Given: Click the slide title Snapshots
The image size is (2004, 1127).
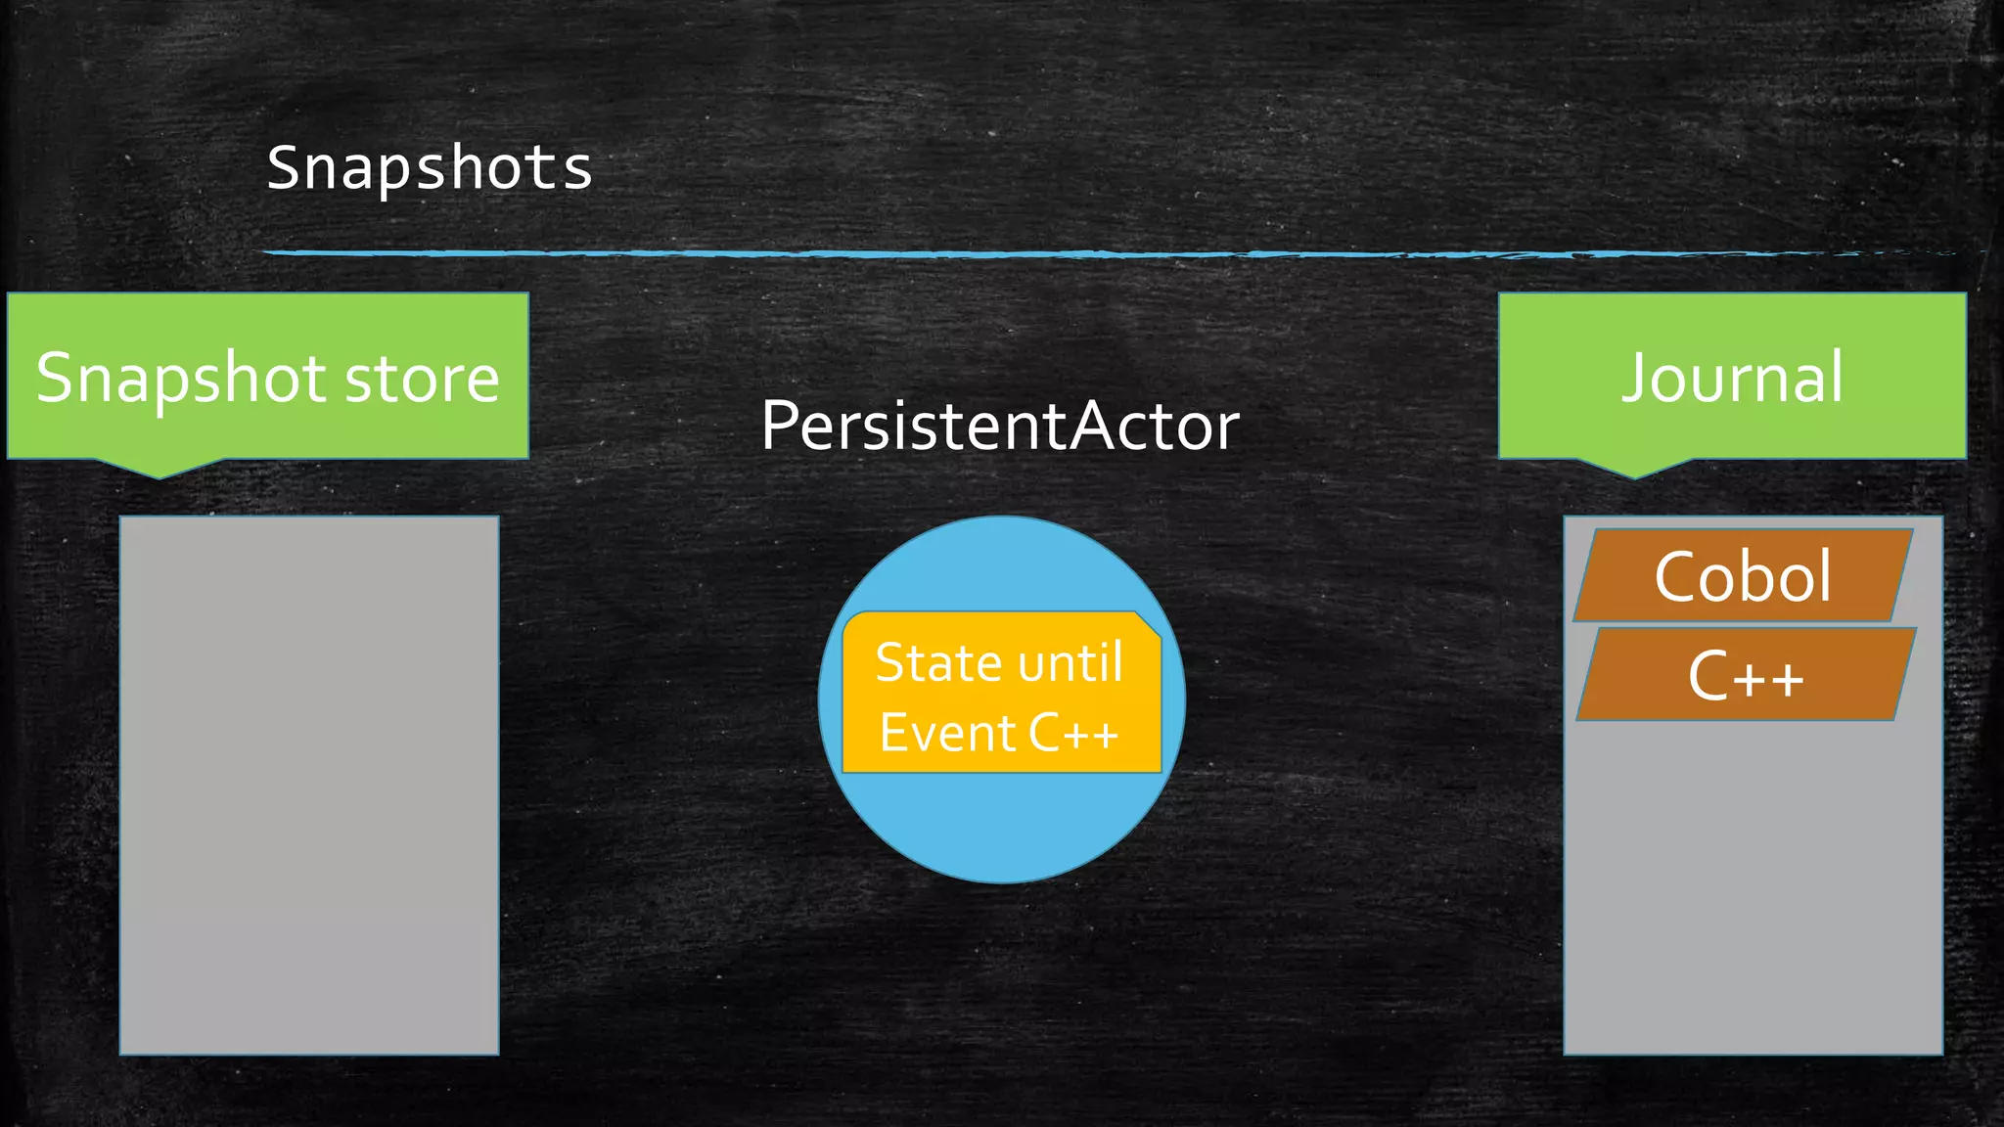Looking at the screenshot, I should (430, 167).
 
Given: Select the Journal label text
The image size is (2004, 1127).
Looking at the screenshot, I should (1732, 378).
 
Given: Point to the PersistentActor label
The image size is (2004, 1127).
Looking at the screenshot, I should (999, 427).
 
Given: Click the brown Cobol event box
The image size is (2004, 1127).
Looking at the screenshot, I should (1743, 576).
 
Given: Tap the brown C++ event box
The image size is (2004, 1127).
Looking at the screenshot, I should (1746, 675).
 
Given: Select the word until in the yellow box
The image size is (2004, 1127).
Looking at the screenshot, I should (1068, 663).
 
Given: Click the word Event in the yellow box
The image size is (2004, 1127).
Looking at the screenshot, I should (934, 734).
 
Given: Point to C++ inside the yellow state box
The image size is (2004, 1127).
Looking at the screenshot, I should (1073, 734).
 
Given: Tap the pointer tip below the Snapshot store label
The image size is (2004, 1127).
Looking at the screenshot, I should (160, 473).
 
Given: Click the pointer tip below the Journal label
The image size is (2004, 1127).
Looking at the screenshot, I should (1634, 473).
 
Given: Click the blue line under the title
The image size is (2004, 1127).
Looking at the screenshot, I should (979, 253).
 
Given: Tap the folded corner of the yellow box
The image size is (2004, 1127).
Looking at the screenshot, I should (1149, 625).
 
